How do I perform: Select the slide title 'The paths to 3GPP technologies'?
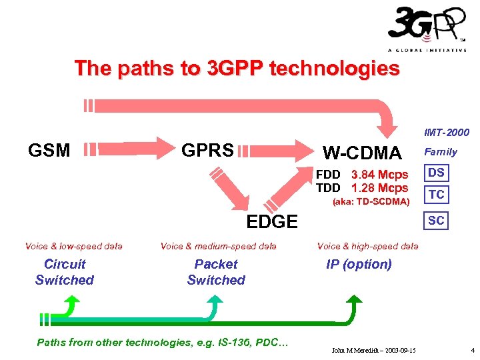tap(237, 69)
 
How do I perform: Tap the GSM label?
tap(49, 151)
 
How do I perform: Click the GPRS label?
tap(207, 150)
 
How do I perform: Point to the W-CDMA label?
tap(362, 153)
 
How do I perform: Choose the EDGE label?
tap(272, 222)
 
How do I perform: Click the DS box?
tap(437, 173)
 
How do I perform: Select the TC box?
tap(437, 195)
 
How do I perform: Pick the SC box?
tap(437, 220)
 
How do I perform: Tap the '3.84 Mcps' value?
tap(379, 175)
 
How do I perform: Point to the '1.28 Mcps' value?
tap(379, 188)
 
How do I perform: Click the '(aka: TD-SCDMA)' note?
tap(371, 201)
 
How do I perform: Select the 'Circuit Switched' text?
tap(65, 272)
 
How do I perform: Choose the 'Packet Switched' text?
tap(216, 272)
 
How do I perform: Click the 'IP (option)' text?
tap(359, 264)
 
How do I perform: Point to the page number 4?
tap(471, 350)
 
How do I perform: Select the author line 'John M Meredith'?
tap(374, 350)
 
